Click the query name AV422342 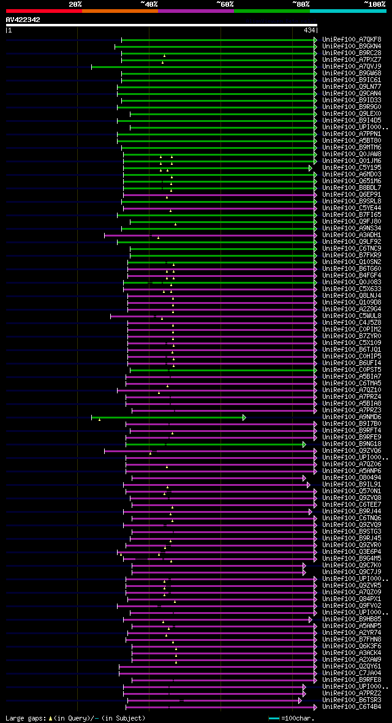point(23,20)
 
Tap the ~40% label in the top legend point(149,4)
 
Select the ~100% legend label point(374,4)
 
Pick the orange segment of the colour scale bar point(119,11)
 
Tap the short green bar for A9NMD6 point(168,417)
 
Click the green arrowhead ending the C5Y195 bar point(311,168)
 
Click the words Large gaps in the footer point(24,718)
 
